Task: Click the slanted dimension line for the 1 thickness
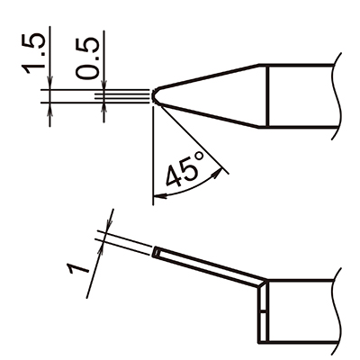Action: click(99, 252)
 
